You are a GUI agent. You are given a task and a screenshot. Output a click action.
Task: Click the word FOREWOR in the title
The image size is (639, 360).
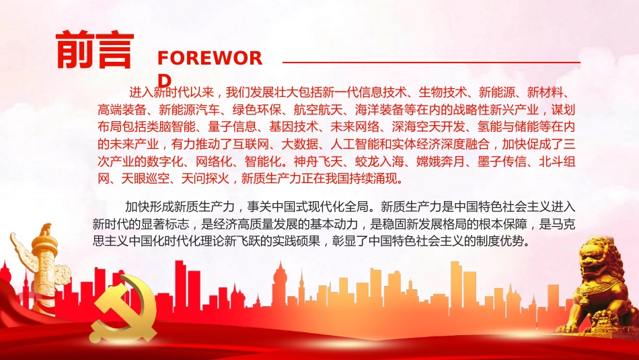(x=209, y=58)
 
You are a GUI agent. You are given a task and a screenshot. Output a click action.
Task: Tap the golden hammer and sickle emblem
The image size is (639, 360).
(x=125, y=314)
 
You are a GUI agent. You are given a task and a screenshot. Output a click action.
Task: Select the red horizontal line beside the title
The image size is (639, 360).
(x=430, y=63)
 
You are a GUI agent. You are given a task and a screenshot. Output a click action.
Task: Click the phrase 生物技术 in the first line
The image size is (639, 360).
(x=443, y=92)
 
